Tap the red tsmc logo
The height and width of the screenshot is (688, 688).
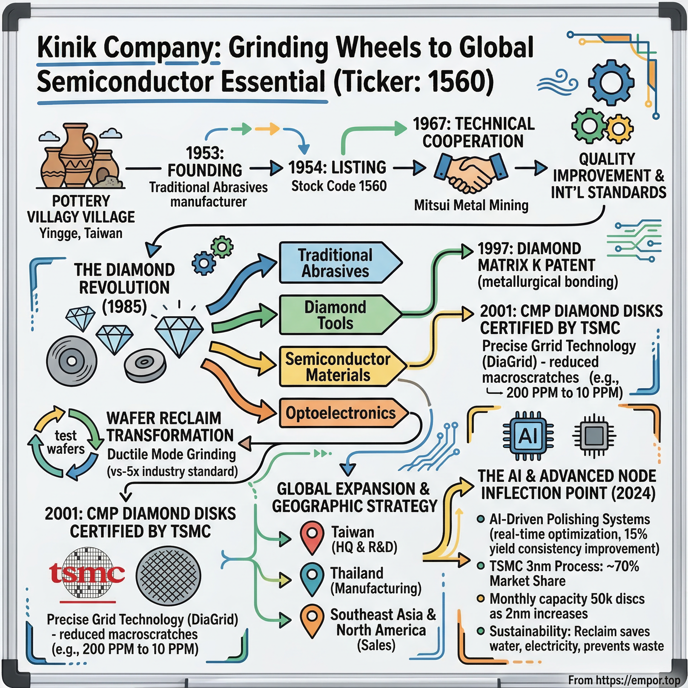coord(87,574)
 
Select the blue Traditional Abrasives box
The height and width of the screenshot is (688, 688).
coord(337,263)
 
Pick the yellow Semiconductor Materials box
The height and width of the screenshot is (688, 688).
coord(338,367)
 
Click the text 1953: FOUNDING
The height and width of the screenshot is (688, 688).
coord(205,162)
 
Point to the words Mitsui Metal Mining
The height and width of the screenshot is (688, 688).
coord(471,206)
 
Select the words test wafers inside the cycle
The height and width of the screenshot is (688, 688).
coord(66,442)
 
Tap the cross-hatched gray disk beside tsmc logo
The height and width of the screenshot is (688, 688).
coord(168,576)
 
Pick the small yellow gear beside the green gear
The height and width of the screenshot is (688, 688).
coord(619,128)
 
